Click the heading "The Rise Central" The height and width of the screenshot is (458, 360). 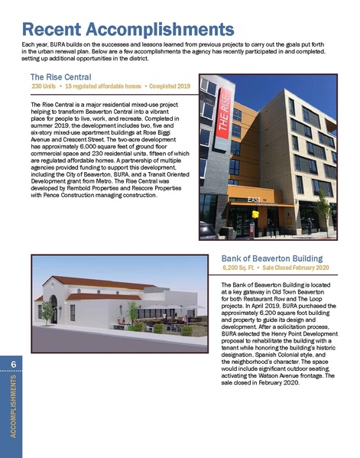pyautogui.click(x=61, y=77)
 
